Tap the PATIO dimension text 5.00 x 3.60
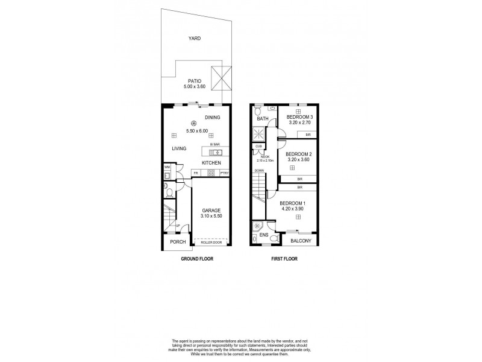coord(194,87)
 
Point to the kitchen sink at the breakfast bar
coord(216,151)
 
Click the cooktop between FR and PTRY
coord(211,173)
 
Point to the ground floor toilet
coord(170,192)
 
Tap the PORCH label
coord(177,242)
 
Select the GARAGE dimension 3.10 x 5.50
coord(211,215)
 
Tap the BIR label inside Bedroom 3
coord(308,135)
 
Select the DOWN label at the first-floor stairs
coord(258,171)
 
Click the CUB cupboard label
coord(258,146)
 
